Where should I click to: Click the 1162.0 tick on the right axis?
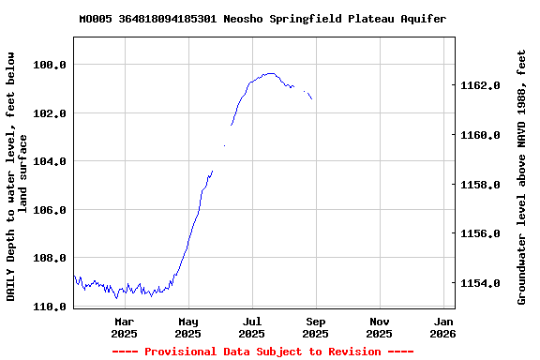click(x=481, y=86)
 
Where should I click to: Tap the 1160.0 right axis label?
click(x=481, y=135)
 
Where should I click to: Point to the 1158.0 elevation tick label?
click(x=481, y=185)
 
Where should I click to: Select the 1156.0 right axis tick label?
click(x=481, y=233)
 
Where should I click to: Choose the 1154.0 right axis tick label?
click(x=481, y=283)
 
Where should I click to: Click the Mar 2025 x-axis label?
click(x=124, y=327)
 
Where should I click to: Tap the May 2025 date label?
click(x=187, y=327)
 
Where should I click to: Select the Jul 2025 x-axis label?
click(x=251, y=327)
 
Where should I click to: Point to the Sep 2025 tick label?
click(x=315, y=327)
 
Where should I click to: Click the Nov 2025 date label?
click(x=379, y=327)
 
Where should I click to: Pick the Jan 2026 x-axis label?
click(x=442, y=327)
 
